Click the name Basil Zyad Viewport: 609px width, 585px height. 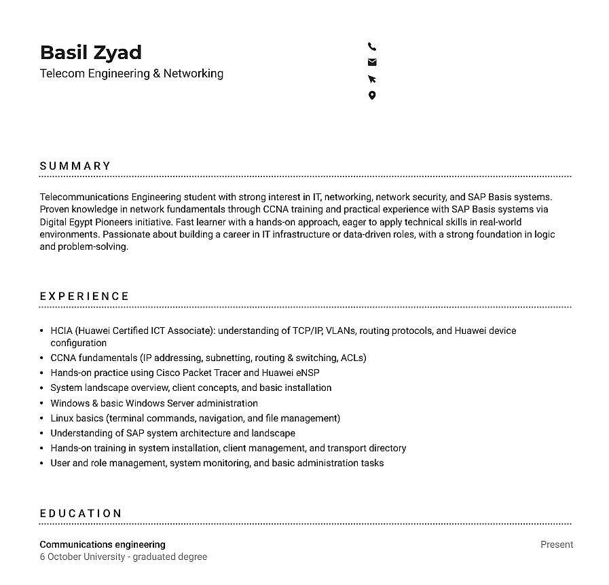coord(91,52)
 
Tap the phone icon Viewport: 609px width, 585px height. coord(372,47)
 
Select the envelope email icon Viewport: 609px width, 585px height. coord(372,62)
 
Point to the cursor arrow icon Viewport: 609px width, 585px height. coord(372,79)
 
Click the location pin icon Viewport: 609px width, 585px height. coord(372,96)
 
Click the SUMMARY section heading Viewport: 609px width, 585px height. coord(75,166)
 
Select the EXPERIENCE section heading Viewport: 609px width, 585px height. coord(84,297)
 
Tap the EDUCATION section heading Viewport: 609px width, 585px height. coord(81,514)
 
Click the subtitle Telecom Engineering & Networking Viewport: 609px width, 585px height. coord(132,73)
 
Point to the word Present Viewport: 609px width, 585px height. coord(557,544)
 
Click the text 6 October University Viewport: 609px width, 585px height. coord(82,557)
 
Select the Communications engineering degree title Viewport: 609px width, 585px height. coord(103,544)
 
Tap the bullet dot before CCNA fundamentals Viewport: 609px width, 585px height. coord(42,358)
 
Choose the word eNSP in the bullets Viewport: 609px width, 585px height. coord(308,373)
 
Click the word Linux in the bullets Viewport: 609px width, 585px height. coord(62,418)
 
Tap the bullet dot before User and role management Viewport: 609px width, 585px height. coord(42,464)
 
